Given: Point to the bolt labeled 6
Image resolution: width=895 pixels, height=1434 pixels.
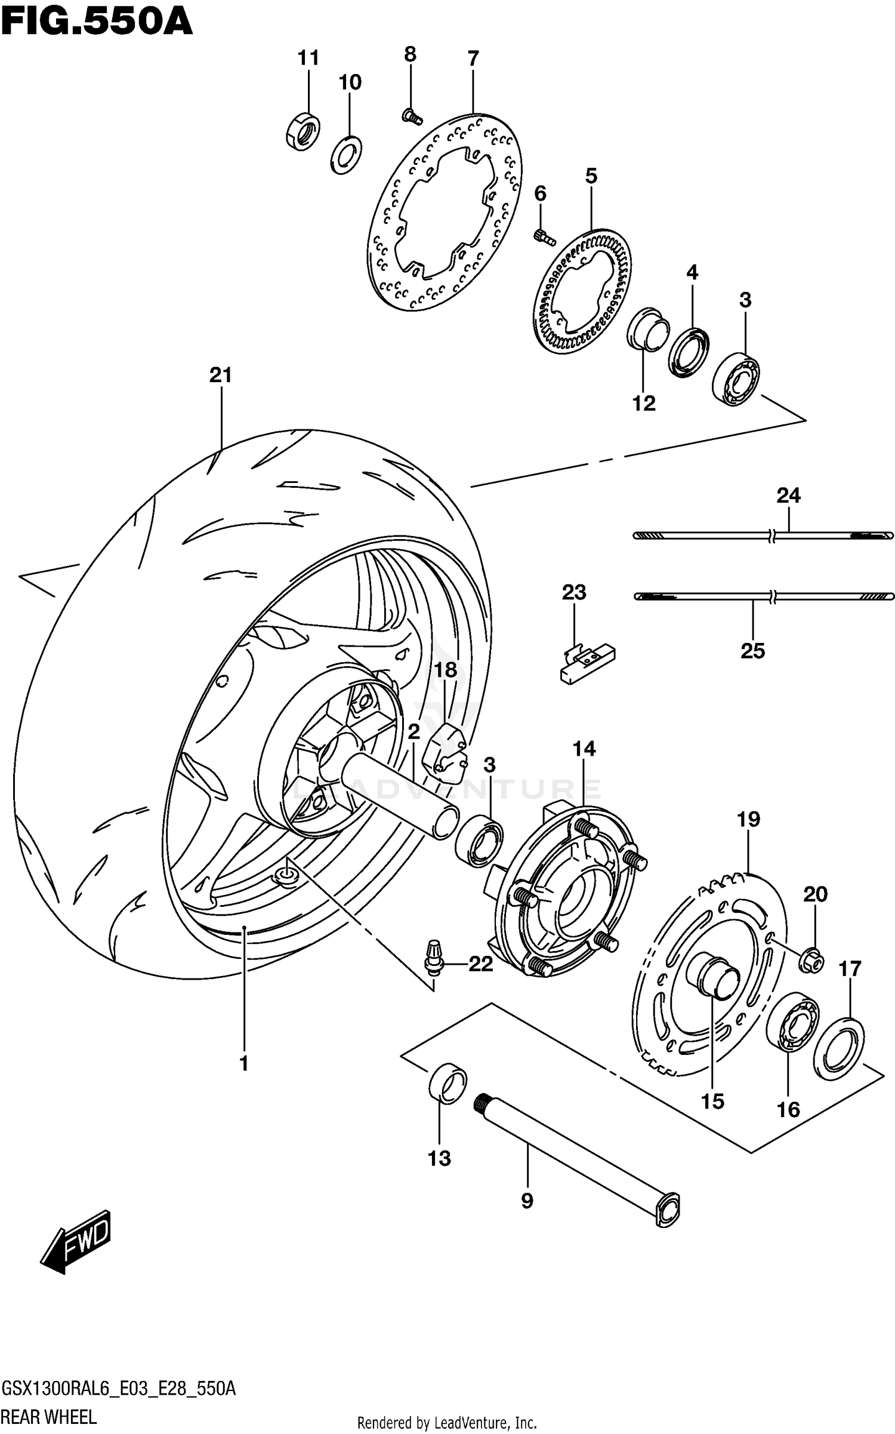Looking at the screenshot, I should coord(544,237).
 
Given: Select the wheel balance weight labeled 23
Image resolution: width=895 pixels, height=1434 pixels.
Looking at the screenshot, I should coord(588,664).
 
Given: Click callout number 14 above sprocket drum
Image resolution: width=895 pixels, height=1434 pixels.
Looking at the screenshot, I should coord(584,748).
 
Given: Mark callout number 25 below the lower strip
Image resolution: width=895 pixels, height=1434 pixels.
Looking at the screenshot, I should coord(752,651).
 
